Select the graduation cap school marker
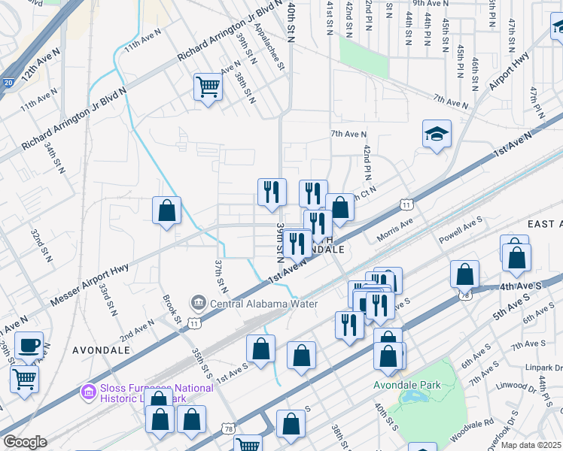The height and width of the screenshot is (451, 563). tap(437, 135)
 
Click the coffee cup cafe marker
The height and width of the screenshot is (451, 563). tap(29, 346)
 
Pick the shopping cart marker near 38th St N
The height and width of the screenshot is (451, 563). tap(208, 86)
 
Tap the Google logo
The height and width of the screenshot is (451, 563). tap(25, 442)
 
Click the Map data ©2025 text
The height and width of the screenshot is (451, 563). tap(531, 445)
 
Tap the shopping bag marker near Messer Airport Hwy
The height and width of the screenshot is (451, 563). tap(166, 211)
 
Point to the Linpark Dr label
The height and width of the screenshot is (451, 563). tap(546, 368)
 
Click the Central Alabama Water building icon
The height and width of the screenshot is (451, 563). tap(199, 304)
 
